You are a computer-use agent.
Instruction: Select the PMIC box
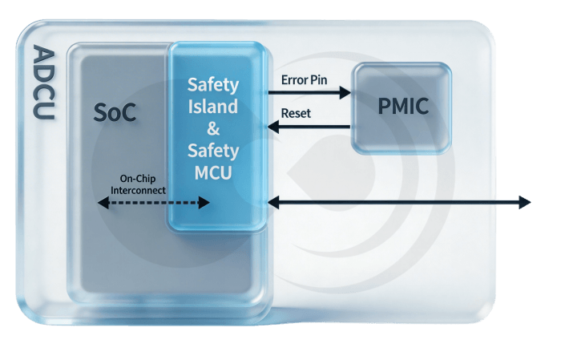(x=403, y=107)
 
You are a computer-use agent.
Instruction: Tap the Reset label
(x=296, y=113)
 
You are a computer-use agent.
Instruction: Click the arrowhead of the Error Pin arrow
(x=347, y=93)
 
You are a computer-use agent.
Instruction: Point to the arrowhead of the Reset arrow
(x=272, y=127)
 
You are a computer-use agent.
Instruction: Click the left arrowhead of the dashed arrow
(x=102, y=204)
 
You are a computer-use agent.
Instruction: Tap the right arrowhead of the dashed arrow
(x=205, y=204)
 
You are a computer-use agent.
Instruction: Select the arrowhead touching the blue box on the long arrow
(x=273, y=203)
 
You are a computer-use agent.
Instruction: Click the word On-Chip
(x=138, y=178)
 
